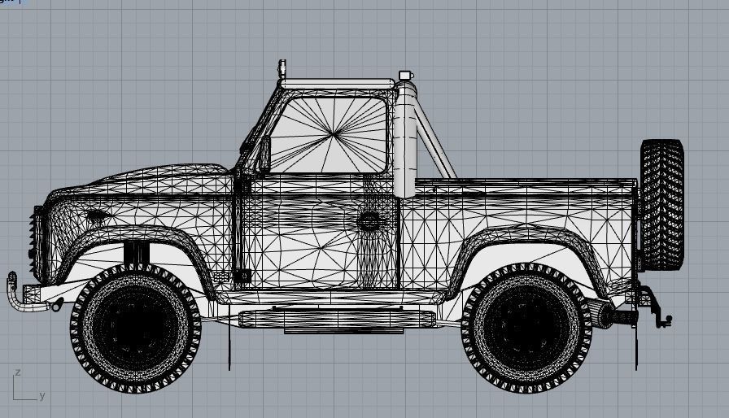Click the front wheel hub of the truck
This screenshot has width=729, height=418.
point(135,327)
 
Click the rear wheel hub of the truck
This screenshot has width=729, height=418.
point(526,327)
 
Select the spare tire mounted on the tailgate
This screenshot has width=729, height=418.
point(661,204)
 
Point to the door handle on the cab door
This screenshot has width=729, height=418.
point(369,220)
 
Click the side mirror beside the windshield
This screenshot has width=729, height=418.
point(264,155)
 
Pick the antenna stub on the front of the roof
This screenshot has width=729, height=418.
point(282,69)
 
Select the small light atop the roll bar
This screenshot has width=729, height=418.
point(404,76)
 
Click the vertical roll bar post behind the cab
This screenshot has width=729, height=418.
point(404,142)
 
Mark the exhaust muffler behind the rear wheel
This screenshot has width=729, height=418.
point(600,313)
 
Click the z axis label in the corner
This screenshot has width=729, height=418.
point(17,372)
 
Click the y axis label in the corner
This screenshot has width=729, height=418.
point(42,396)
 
